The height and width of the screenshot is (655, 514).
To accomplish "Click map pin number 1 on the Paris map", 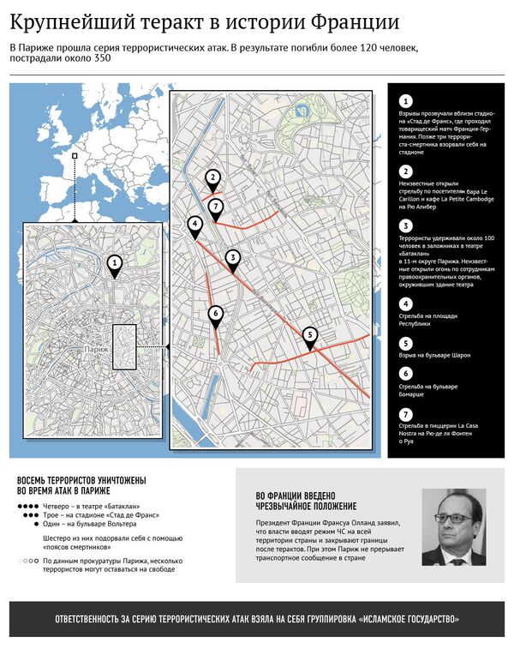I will pos(116,263).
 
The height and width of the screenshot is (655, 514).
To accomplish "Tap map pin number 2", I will pos(212,178).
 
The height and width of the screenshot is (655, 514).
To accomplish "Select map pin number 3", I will pos(232,258).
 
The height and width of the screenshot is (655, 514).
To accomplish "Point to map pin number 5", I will pos(310,334).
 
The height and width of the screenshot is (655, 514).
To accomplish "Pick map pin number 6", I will pos(216,313).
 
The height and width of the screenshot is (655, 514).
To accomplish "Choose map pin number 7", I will pos(216,206).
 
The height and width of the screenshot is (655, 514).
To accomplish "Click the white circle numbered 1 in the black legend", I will pos(405,102).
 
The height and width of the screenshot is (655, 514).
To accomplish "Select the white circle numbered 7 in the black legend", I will pos(405,415).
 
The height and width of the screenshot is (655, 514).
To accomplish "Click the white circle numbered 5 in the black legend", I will pos(405,340).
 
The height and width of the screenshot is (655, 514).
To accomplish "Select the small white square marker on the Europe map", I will pos(75,156).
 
